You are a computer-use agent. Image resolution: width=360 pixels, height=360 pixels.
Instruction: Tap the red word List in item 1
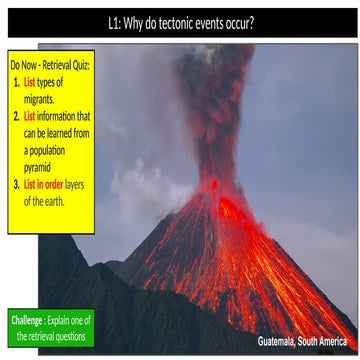tap(30, 81)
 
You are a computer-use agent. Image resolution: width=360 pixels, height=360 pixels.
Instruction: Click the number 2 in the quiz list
tap(17, 115)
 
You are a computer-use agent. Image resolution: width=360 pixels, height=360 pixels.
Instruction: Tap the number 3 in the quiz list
tap(17, 184)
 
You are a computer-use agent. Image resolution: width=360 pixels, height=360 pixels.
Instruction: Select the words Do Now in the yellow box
tap(22, 64)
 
